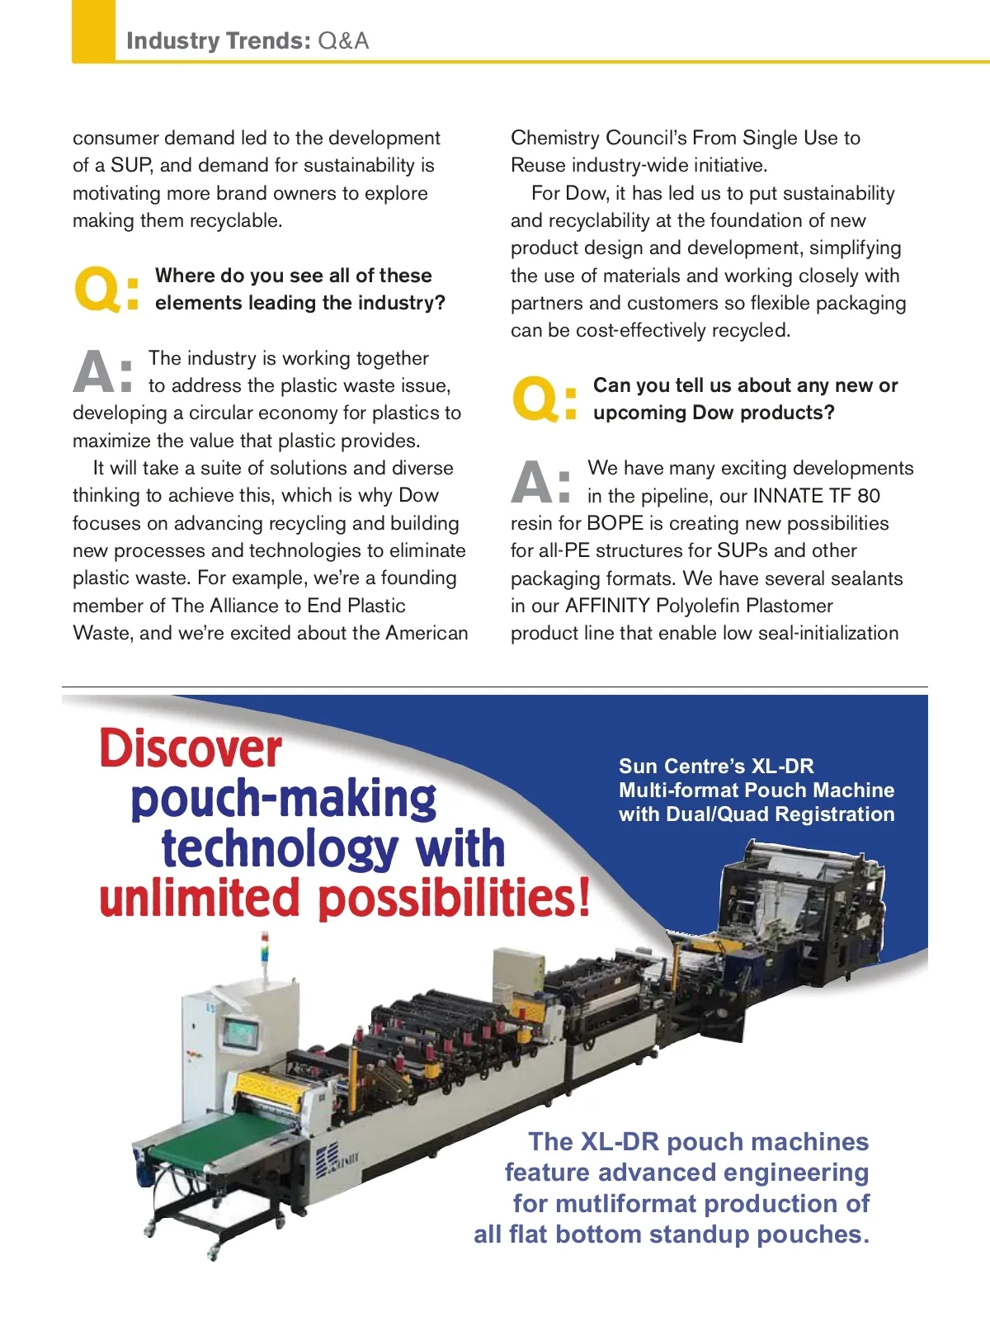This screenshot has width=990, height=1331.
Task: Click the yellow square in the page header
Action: [93, 31]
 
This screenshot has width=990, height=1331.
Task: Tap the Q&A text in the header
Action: [343, 40]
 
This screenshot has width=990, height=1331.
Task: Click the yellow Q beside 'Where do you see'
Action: [98, 290]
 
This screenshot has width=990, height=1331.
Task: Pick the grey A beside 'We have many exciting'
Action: [532, 482]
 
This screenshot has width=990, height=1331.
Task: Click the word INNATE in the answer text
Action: [788, 496]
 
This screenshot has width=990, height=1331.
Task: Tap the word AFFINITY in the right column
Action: [607, 606]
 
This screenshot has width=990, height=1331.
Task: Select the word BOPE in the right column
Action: [615, 523]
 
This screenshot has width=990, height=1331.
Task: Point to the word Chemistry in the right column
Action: [554, 138]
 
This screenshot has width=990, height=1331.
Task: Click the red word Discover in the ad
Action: [191, 748]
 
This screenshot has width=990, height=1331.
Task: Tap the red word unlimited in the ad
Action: [199, 899]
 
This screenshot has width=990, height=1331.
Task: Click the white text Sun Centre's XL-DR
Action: [716, 766]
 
